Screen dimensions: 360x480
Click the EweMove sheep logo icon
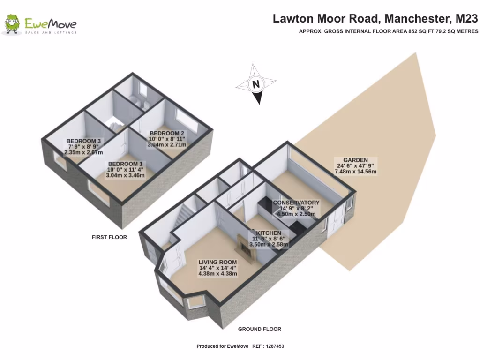point(12,24)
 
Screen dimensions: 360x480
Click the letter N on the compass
point(256,85)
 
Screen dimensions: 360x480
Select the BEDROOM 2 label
point(166,133)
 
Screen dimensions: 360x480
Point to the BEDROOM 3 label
point(83,141)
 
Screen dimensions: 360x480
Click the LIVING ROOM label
point(217,262)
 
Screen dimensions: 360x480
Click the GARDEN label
point(355,159)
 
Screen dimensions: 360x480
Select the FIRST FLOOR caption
point(109,237)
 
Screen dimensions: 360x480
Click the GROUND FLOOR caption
point(259,329)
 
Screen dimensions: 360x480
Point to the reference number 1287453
point(274,346)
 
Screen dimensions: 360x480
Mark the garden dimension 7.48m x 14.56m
point(355,172)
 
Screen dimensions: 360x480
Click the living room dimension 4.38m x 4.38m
point(217,274)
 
